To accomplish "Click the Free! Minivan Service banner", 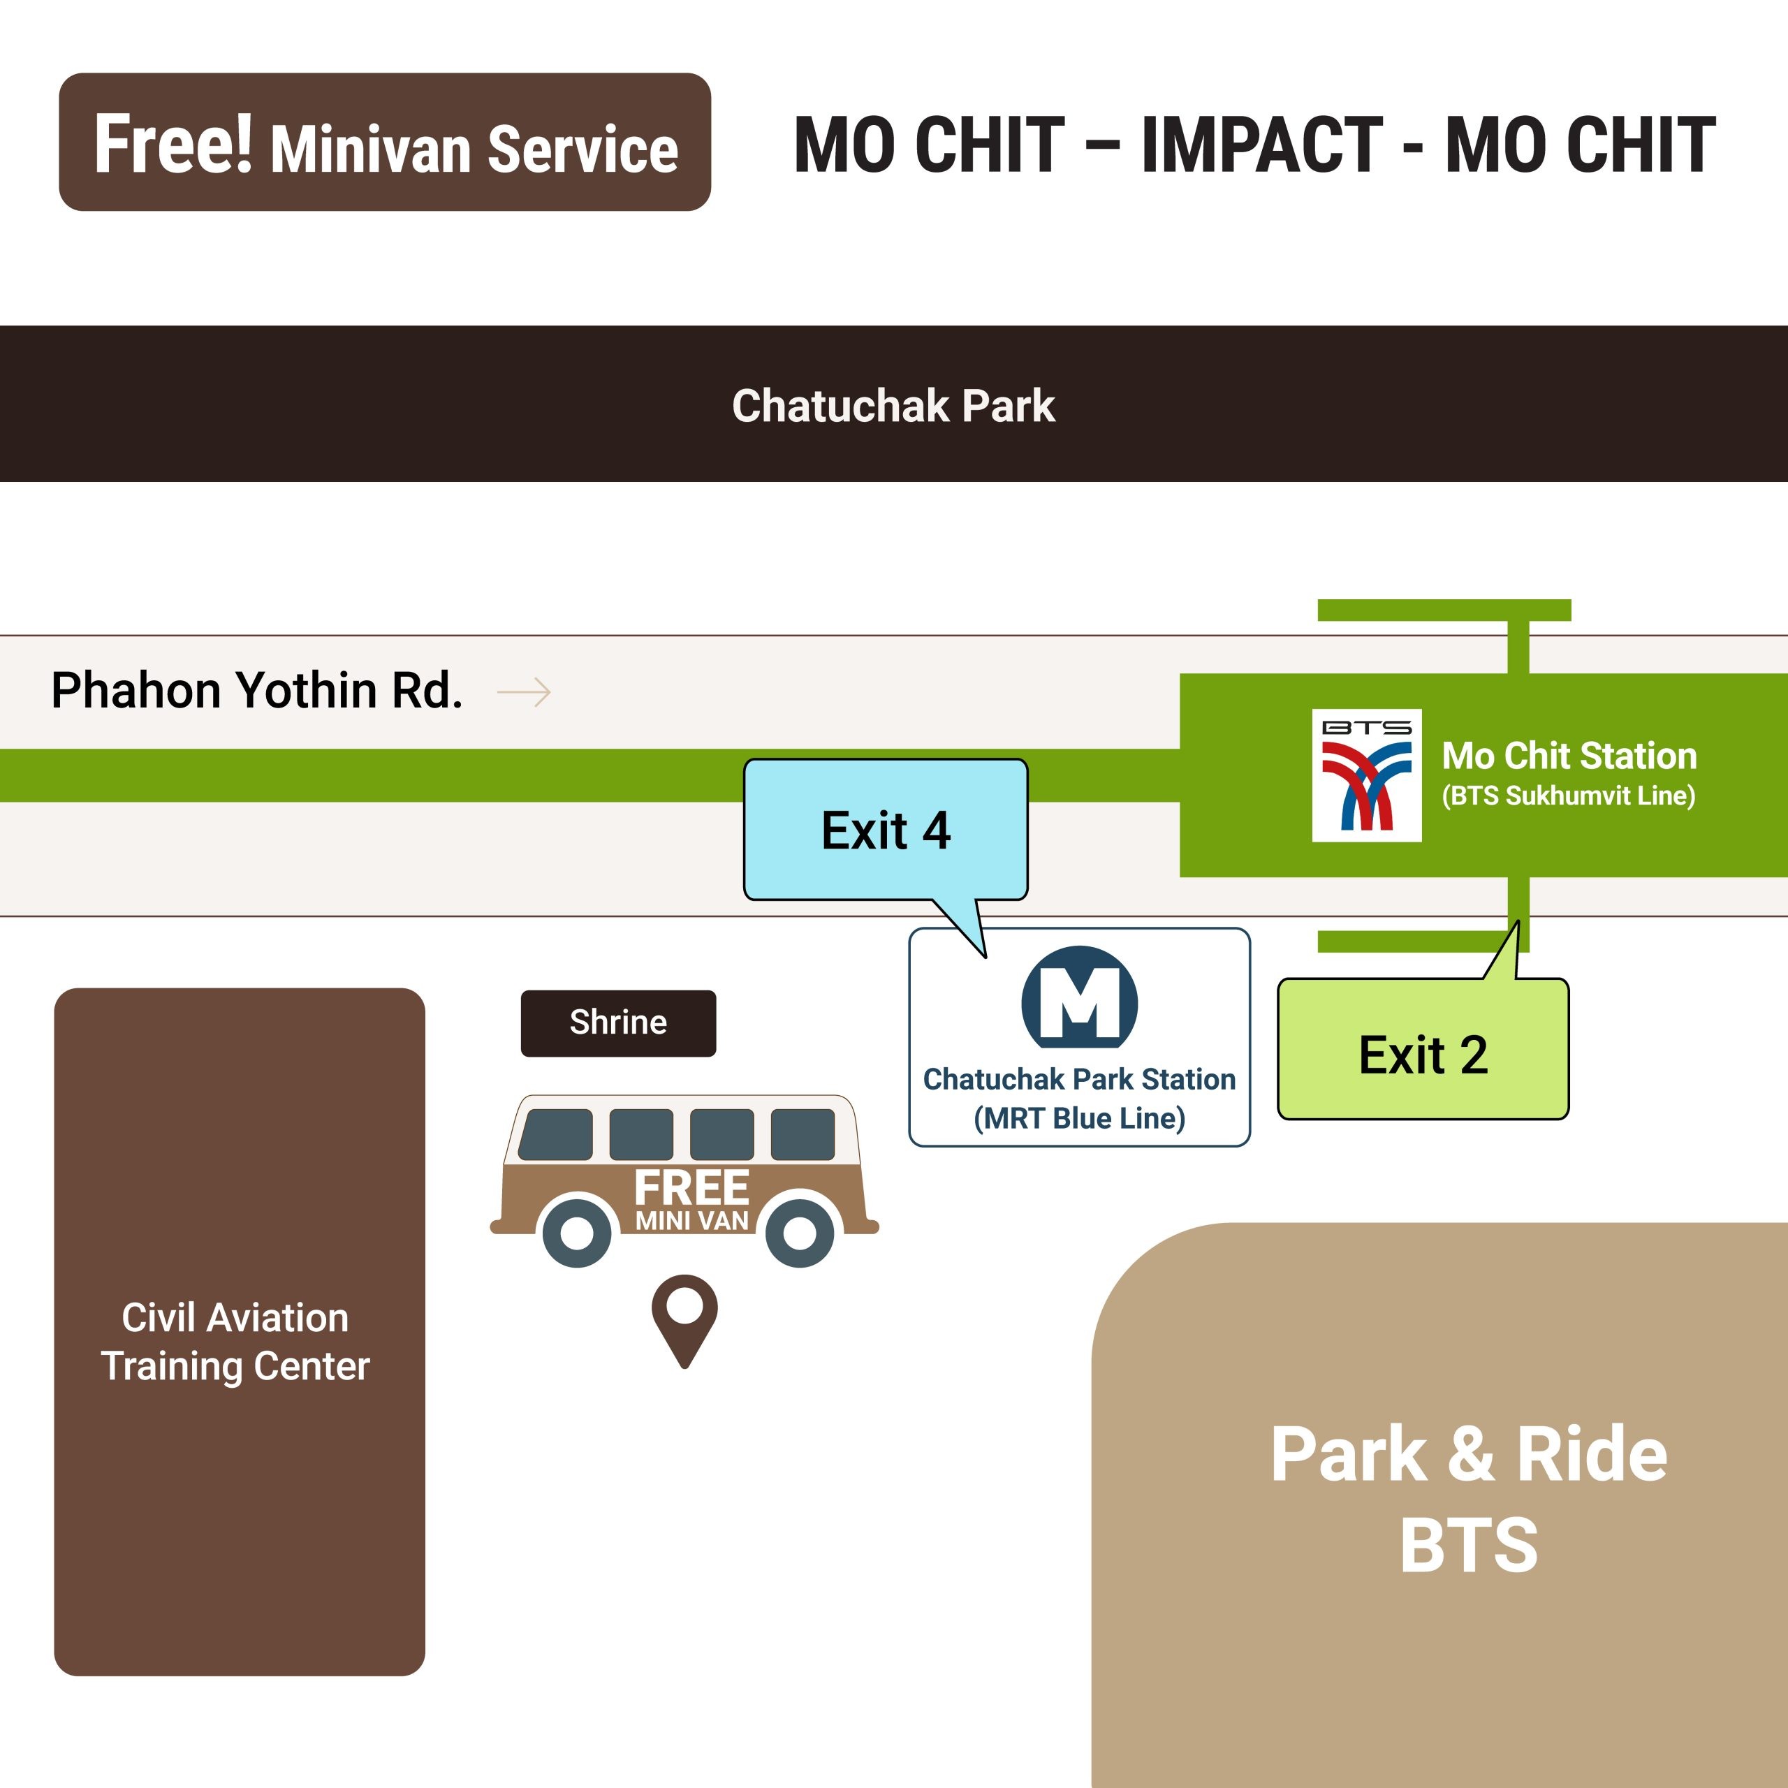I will click(385, 142).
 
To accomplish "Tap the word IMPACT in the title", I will click(1261, 145).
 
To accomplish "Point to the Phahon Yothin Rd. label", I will click(256, 690).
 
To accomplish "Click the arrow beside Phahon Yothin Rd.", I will click(524, 692).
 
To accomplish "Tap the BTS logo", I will click(1366, 775).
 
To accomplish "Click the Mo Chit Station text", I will click(1569, 756).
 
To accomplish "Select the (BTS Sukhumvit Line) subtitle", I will click(1568, 796).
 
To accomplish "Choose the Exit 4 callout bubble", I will click(886, 830).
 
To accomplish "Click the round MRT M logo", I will click(1079, 1000).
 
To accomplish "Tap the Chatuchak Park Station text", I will click(1079, 1079).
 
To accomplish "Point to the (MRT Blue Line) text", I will click(1079, 1118).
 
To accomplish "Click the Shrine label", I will click(618, 1023).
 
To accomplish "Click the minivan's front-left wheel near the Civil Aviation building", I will click(578, 1232).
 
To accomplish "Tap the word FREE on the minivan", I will click(691, 1188).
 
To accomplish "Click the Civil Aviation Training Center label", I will click(236, 1341).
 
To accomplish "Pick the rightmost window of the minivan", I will click(803, 1134).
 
